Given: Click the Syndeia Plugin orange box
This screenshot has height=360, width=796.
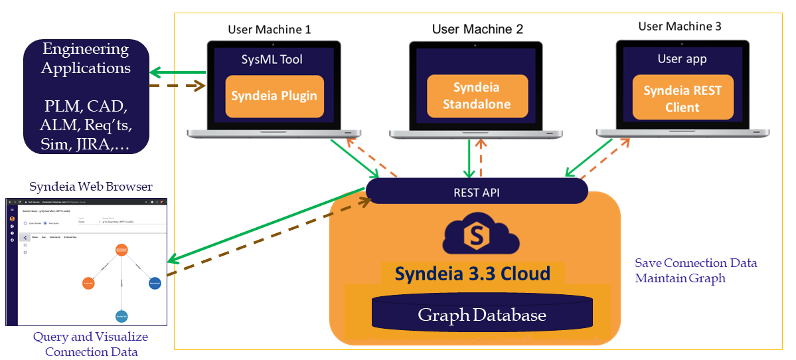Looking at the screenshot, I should pos(274,96).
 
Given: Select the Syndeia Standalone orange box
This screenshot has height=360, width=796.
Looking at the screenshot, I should pos(477,96).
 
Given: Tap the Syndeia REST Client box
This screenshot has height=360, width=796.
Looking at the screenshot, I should pos(682,99).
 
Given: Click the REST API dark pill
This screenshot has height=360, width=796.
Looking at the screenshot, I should pos(476,191).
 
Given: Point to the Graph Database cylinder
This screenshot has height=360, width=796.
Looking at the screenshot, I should pos(481,314).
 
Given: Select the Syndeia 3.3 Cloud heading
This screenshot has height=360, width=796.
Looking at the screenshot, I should pos(472,273).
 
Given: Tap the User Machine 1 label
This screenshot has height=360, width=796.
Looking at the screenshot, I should pos(269,29).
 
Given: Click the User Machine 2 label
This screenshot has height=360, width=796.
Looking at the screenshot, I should pos(477,29).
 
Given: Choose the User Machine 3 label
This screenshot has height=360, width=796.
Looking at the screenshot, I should pos(680,27).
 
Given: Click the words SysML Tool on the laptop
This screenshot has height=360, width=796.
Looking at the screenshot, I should pos(272,60).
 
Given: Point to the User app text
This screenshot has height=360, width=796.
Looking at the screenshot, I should pos(682,59).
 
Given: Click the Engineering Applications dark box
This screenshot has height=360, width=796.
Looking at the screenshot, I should pos(86,96).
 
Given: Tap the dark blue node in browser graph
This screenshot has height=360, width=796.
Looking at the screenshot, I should pos(155,283).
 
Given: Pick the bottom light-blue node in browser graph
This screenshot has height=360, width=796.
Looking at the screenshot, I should pos(121,315).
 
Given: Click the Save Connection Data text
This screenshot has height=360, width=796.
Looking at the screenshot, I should pos(695,263).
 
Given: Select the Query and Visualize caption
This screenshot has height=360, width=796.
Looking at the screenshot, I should pos(90,337).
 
